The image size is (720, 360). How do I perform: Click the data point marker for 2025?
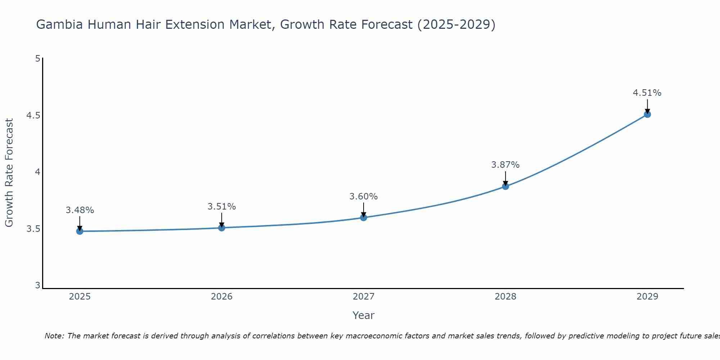point(80,231)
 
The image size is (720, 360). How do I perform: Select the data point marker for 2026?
point(221,228)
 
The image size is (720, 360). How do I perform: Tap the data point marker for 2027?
point(363,217)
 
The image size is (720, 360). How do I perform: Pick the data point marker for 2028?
point(505,186)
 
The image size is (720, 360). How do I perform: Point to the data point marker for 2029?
point(647,114)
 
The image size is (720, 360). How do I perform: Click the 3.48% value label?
point(80,210)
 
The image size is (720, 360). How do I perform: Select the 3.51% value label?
point(221,207)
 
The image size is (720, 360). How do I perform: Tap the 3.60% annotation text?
point(363,197)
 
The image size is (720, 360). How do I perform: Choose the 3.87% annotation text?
point(505,165)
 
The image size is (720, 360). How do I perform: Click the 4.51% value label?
point(647,93)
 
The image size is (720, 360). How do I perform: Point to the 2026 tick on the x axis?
point(221,297)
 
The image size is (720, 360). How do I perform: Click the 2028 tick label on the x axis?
point(505,297)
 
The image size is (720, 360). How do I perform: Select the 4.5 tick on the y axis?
point(33,116)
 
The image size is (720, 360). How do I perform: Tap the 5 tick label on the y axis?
point(37,58)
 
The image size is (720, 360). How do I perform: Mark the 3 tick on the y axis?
point(37,285)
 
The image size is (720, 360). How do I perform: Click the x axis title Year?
point(363,315)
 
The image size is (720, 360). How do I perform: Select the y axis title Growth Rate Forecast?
point(9,173)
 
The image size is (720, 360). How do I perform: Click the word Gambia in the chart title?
point(59,24)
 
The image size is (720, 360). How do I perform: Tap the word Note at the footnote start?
point(54,336)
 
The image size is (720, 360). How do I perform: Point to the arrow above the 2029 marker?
point(647,105)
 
